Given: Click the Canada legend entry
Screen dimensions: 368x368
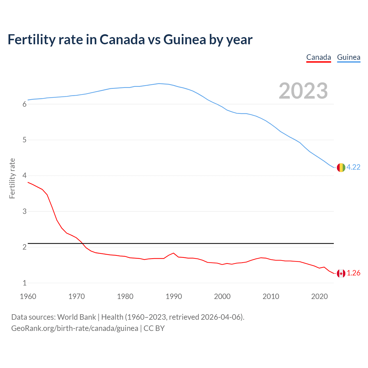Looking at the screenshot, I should click(x=319, y=57).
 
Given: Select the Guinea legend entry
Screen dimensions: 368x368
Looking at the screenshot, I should click(x=348, y=57).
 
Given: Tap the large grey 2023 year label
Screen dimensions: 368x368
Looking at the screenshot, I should click(x=303, y=91).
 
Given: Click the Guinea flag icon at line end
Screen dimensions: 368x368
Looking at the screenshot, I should click(x=341, y=167).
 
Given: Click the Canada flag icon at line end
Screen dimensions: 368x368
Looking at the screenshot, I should click(x=341, y=273).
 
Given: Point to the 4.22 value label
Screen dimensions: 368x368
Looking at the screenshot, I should click(x=353, y=167).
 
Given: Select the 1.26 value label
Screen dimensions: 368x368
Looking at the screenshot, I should click(x=353, y=273).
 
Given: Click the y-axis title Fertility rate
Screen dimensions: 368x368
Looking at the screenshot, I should click(x=12, y=178).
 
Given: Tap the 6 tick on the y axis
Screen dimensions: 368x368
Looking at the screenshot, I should click(x=24, y=104).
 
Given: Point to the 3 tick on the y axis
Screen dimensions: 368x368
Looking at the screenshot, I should click(x=24, y=212).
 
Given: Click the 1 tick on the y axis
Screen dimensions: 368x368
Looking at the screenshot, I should click(x=24, y=283).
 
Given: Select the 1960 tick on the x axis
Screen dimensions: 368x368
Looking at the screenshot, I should click(x=28, y=296).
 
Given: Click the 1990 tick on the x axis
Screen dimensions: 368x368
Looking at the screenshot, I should click(x=174, y=296).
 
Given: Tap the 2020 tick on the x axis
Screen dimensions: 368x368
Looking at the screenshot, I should click(x=319, y=296).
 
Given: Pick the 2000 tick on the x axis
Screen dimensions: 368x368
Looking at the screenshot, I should click(x=222, y=296).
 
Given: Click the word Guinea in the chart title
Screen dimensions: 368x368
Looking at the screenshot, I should click(x=185, y=39).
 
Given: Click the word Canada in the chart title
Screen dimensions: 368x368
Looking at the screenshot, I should click(x=122, y=39).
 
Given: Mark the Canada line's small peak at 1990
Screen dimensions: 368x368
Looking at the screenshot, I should click(x=173, y=253).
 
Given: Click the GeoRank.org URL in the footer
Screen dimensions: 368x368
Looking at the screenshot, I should click(x=75, y=328).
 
